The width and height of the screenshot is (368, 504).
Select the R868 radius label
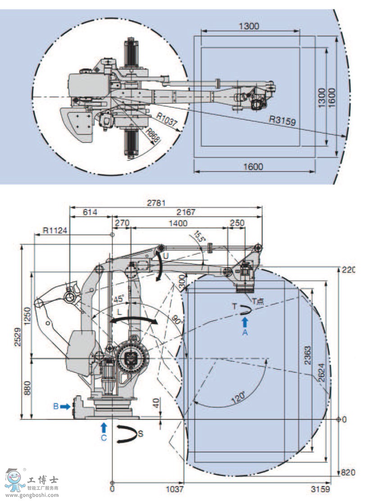[x=154, y=136]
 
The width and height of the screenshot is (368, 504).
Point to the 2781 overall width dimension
[x=166, y=203]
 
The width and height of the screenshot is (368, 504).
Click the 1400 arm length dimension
[x=178, y=223]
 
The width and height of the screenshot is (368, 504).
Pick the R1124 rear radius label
[x=55, y=230]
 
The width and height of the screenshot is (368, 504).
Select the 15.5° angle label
[x=200, y=237]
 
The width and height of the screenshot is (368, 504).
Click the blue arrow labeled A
[x=245, y=322]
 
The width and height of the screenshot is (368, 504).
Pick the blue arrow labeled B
[x=66, y=406]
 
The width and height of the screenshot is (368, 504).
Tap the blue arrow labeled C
[x=104, y=426]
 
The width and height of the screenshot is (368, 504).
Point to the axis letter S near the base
[x=141, y=434]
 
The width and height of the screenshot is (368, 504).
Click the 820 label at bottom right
[x=348, y=472]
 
